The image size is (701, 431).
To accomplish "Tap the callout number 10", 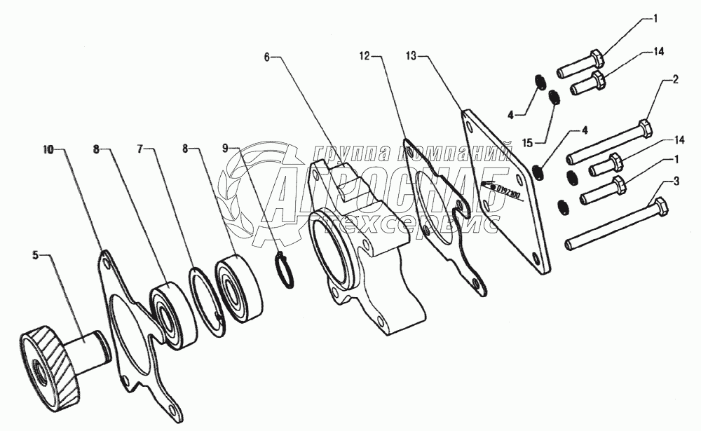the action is coord(48,149).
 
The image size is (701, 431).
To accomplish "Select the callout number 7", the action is coord(140,149).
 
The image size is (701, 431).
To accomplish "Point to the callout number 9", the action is coord(226,149).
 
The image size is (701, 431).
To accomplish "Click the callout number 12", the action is coord(364,53).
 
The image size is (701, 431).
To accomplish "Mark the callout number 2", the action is coord(675,80).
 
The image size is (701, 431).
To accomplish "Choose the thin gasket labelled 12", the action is coord(442,217).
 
